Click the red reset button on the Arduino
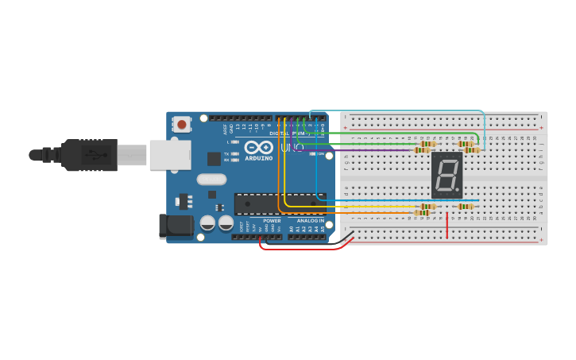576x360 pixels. coord(182,124)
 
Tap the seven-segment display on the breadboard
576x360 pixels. coord(446,175)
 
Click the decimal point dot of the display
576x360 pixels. coord(457,190)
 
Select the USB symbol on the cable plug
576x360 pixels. coord(96,154)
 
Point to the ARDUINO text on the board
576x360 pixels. coord(259,158)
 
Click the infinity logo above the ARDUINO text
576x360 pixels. coord(259,147)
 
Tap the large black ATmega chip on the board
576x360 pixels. coord(279,204)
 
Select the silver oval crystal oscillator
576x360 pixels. coord(211,180)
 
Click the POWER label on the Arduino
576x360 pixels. coord(272,220)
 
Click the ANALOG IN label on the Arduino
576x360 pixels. coord(310,220)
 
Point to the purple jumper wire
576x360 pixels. coord(358,150)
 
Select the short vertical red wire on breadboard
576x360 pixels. coord(446,224)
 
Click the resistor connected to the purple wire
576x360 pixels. coord(421,150)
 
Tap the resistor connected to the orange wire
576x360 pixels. coord(421,212)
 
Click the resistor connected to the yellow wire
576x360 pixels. coord(427,207)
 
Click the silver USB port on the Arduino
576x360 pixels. coord(169,154)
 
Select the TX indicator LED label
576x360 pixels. coord(226,153)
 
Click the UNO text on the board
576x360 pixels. coord(285,147)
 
